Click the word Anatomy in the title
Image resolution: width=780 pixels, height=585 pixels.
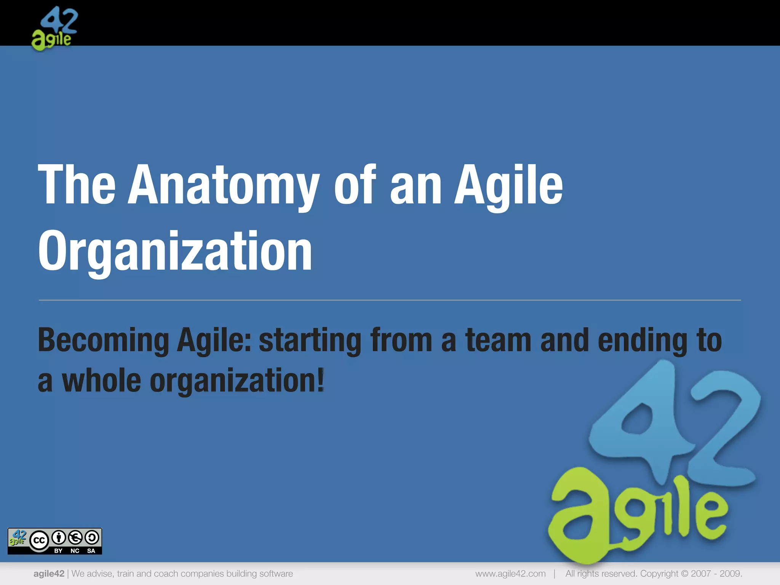click(x=223, y=185)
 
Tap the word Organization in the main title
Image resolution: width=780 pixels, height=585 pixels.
click(x=175, y=251)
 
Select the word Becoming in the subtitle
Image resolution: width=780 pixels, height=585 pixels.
click(x=103, y=340)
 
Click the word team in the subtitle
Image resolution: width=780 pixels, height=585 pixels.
click(x=498, y=340)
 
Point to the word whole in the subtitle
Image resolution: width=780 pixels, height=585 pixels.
click(x=101, y=380)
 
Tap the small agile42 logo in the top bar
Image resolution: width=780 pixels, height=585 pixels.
click(x=54, y=29)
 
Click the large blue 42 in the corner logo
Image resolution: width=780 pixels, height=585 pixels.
click(x=674, y=423)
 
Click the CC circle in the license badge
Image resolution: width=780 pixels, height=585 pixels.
click(x=39, y=540)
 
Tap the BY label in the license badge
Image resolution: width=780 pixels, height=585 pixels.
click(x=58, y=551)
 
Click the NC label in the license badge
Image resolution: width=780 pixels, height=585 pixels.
click(x=75, y=551)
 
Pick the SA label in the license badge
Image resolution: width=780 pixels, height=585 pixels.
click(x=91, y=551)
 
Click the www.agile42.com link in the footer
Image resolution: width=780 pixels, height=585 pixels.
click(x=510, y=574)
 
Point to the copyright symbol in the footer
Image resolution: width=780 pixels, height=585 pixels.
click(x=684, y=574)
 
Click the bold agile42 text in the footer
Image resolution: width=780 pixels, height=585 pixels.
click(x=49, y=574)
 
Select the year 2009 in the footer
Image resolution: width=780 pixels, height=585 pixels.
click(x=730, y=574)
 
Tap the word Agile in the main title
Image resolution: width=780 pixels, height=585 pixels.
click(x=508, y=185)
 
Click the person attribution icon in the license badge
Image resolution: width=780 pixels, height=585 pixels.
click(x=59, y=538)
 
